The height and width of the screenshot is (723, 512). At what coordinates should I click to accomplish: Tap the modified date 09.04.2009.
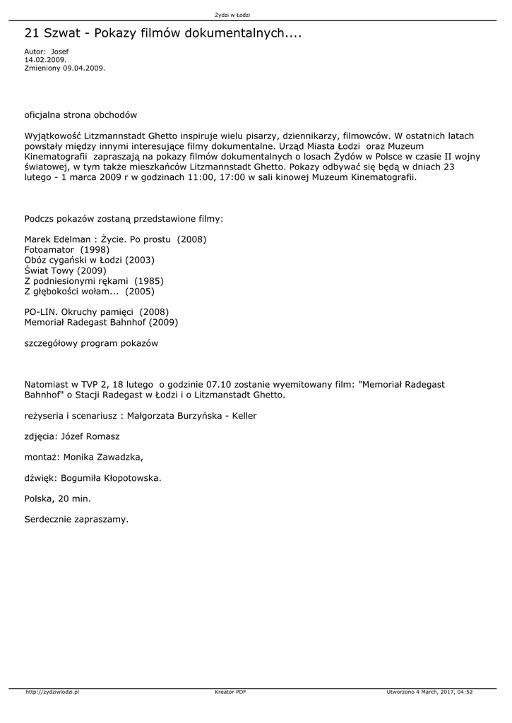pos(84,68)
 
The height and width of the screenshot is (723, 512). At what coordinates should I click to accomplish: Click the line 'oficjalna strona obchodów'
pos(81,114)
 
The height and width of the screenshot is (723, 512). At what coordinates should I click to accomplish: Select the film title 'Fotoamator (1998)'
pos(67,250)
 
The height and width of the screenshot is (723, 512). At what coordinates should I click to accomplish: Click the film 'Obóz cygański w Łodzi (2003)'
pos(89,260)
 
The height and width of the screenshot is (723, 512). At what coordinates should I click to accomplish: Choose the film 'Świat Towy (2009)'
pos(65,270)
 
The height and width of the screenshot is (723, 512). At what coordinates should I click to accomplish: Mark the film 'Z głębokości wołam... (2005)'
pos(89,291)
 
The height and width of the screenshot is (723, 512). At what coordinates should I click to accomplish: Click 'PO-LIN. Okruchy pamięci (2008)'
pos(97,311)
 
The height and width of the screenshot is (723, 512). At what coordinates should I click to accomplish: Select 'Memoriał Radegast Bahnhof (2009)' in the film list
pos(101,322)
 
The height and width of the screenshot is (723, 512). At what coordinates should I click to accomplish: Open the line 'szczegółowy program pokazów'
pos(91,343)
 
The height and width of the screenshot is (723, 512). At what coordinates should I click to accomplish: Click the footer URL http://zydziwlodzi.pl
pos(52,693)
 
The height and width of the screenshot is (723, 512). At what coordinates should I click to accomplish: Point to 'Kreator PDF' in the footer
pos(230,693)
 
